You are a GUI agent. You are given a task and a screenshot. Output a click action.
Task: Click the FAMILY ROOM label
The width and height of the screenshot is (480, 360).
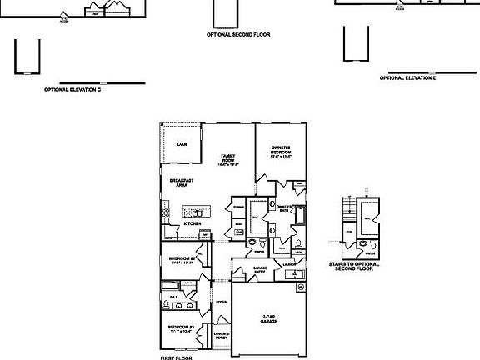coord(228,159)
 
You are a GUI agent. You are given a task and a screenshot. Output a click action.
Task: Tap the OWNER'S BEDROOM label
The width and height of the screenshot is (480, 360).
coord(281,152)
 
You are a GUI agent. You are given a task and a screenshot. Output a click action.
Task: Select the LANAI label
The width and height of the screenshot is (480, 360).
coord(182,145)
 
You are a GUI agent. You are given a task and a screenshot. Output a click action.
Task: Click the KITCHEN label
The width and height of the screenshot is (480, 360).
coord(192,223)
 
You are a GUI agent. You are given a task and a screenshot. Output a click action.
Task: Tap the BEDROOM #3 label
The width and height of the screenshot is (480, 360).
coord(181,327)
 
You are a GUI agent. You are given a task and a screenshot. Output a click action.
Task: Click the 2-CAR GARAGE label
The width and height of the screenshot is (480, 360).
coord(268,319)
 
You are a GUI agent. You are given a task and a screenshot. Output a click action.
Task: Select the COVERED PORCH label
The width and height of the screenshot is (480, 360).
coord(222,335)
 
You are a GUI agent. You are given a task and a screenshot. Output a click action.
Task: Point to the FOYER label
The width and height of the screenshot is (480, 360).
coord(222,302)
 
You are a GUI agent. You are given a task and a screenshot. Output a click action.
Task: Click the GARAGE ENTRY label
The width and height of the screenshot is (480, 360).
coord(260,269)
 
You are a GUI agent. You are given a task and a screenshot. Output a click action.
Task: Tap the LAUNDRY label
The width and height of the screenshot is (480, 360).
coord(290,264)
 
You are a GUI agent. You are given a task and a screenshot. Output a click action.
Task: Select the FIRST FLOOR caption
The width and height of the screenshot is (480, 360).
coord(176,357)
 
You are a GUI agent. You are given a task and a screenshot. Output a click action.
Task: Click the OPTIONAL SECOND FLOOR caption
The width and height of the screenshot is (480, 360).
coord(238,35)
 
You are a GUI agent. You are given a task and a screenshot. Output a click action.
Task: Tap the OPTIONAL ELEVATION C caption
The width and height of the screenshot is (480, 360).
coord(72,90)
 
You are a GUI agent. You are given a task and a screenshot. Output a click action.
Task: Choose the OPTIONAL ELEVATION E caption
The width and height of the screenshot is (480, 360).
coord(407,78)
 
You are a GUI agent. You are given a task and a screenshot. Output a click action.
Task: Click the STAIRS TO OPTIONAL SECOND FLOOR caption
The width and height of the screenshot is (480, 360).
coord(360,266)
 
